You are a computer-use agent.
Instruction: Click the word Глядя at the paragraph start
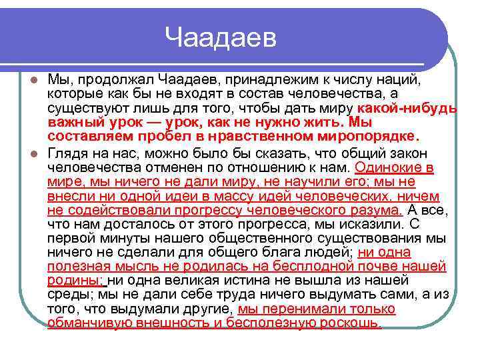pos(66,153)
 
